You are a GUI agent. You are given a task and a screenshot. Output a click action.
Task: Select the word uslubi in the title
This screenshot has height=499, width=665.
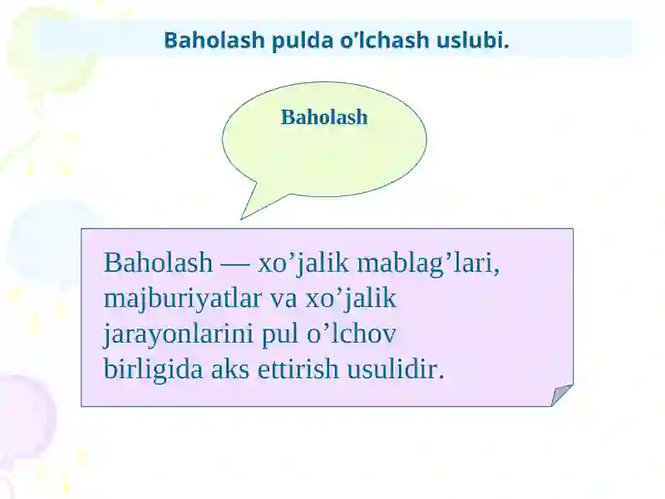472,40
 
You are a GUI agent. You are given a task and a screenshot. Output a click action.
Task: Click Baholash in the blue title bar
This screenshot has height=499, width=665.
214,40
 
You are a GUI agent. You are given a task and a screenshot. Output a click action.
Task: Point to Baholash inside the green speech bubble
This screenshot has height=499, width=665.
324,117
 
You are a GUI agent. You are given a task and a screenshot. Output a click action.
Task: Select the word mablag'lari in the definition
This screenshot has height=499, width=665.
428,264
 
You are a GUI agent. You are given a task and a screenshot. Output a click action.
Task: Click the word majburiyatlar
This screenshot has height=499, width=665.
182,299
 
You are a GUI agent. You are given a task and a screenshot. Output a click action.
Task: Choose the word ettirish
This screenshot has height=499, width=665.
298,369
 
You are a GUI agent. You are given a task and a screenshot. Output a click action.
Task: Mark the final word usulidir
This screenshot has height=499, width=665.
396,369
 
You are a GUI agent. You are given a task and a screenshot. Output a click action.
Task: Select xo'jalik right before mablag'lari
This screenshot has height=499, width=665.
303,264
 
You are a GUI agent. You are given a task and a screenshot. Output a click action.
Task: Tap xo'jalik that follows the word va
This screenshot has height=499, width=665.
350,299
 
